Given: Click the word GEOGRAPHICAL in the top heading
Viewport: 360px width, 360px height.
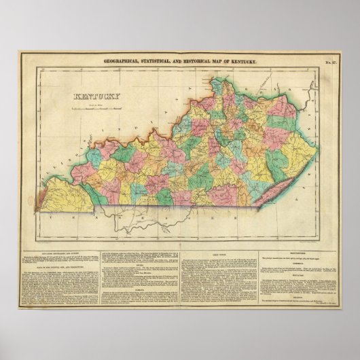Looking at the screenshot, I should click(122, 62).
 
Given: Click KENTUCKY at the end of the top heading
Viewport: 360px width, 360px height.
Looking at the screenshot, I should click(242, 62).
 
